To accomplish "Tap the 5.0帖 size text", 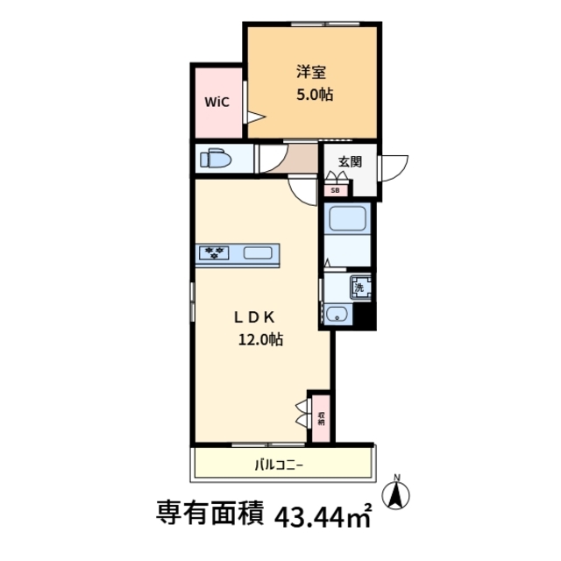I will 313,95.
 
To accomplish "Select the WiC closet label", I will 217,102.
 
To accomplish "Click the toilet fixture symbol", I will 215,160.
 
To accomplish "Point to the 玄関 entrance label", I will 350,160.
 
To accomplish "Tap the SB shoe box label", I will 336,189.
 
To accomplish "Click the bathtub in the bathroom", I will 348,220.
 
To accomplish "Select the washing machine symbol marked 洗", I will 359,285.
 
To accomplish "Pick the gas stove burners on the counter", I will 215,253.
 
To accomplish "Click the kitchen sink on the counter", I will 257,253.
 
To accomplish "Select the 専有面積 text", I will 210,511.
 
